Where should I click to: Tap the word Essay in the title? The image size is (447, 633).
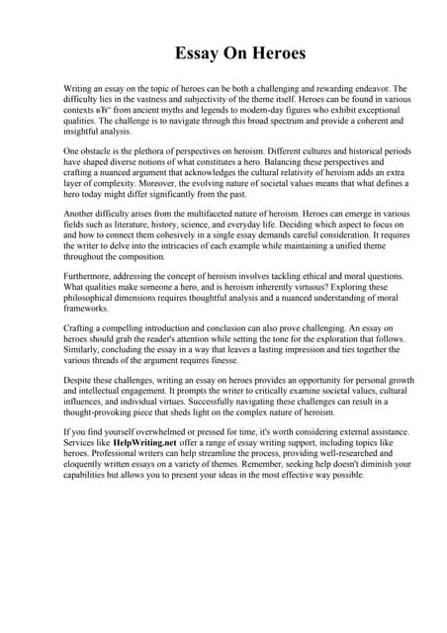197,53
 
